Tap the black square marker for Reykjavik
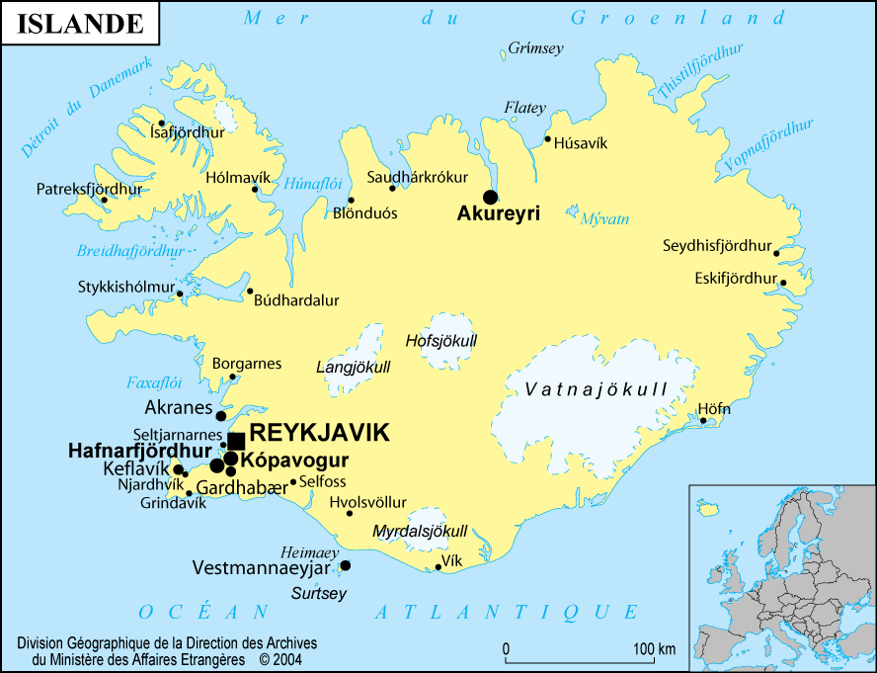236,441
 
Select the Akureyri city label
499,212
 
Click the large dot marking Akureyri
490,196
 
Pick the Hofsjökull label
441,341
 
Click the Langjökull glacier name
353,368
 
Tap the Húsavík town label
581,143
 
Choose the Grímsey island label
535,47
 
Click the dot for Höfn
704,421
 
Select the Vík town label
452,559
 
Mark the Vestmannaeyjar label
263,567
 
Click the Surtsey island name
318,593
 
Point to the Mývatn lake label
604,219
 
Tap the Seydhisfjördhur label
716,245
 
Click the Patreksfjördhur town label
90,188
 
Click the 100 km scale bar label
654,649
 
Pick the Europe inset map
782,578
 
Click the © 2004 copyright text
280,658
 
